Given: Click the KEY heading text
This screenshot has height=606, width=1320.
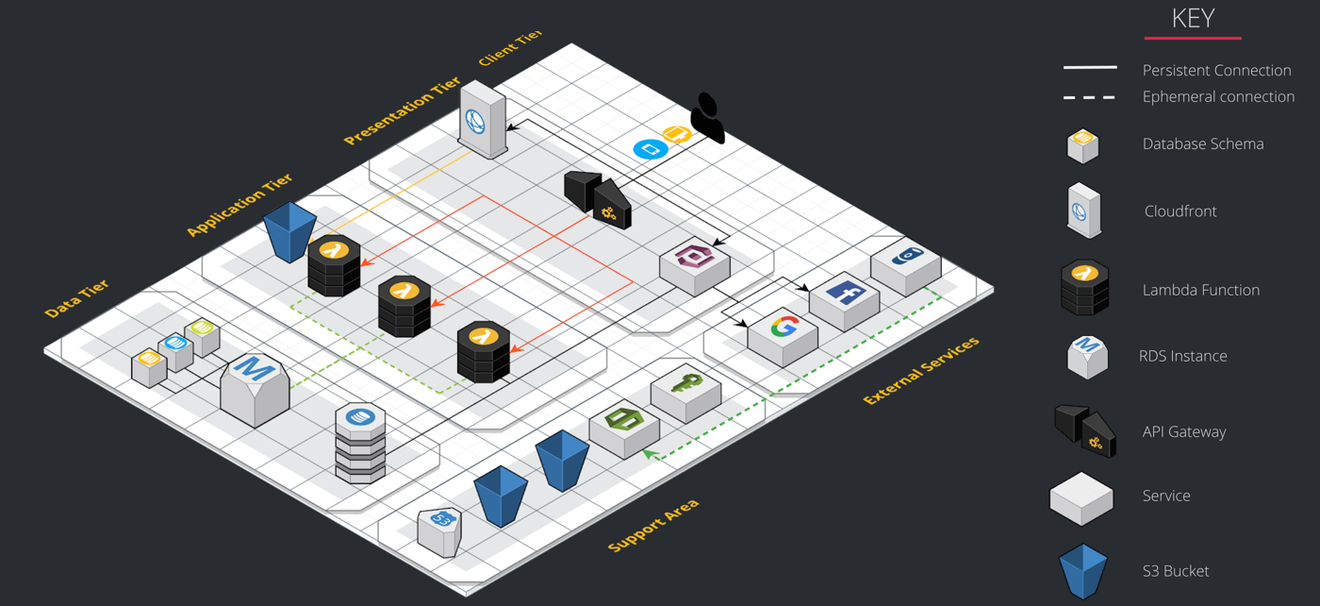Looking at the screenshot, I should [1193, 18].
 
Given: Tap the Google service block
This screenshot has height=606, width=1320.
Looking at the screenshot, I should [783, 335].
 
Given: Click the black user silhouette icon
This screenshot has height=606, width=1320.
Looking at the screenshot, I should [707, 118].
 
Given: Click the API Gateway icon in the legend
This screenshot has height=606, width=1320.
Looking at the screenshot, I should [1085, 431].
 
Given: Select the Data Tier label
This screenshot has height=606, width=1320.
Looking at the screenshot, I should [77, 298].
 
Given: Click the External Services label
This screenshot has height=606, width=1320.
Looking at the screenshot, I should [921, 371].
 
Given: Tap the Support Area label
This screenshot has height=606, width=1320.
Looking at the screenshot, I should [653, 526].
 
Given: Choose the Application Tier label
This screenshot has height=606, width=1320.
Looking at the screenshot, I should [239, 205].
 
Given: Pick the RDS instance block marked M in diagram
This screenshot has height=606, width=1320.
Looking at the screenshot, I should [255, 387].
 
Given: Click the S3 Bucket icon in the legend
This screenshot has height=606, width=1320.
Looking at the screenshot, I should [1083, 571].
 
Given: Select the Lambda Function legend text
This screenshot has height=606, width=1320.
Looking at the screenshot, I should [1200, 290].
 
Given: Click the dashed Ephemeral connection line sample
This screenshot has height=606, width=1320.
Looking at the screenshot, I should [1089, 96].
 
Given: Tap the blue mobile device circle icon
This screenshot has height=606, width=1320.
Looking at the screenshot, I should [651, 149].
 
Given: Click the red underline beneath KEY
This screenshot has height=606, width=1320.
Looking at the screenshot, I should [1193, 38].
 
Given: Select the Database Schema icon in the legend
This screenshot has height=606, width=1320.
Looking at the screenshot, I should [1083, 145].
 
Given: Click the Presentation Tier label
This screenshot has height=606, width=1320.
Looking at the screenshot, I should [402, 111].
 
